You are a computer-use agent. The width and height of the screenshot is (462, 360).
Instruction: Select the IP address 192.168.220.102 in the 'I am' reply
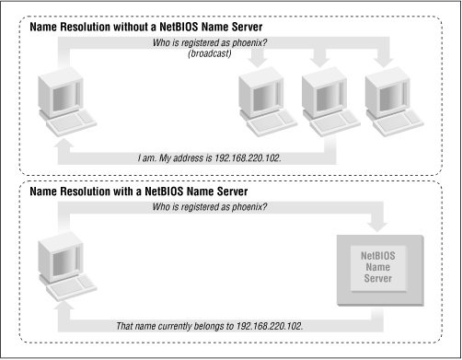coord(248,158)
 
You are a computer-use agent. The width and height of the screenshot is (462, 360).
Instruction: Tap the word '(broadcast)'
coord(210,53)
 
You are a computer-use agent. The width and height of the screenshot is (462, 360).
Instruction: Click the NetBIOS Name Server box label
coord(378,267)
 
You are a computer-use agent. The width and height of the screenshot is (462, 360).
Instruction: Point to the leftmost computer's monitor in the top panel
coord(61,93)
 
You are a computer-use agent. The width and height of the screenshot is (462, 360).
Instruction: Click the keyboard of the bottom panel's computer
coord(72,288)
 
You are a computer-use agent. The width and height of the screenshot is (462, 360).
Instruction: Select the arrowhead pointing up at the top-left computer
coord(64,145)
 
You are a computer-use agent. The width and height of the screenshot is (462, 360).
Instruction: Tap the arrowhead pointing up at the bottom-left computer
coord(64,308)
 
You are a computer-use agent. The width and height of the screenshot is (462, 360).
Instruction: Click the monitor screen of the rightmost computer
coord(389,98)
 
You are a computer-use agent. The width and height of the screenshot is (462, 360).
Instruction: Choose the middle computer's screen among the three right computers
coord(327,98)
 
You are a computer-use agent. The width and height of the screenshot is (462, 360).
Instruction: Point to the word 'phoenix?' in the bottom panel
coord(249,207)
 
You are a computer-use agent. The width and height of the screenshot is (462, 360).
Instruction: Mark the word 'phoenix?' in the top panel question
coord(249,42)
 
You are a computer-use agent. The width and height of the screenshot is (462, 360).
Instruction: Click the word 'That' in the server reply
coord(124,326)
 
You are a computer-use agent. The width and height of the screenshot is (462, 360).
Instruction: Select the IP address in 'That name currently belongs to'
coord(269,326)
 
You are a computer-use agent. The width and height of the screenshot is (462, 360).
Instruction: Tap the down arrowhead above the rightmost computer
coord(383,63)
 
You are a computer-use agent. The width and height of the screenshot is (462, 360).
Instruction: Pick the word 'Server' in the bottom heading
coord(232,192)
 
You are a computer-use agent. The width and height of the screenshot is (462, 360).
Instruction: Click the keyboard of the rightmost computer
coord(398,123)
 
